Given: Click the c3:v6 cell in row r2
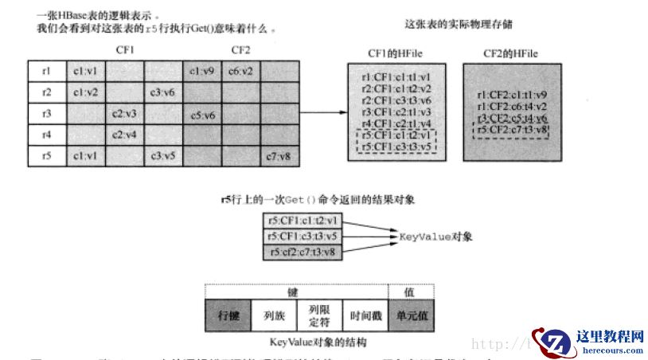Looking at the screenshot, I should [162, 92].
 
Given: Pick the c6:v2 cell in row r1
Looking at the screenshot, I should [240, 70].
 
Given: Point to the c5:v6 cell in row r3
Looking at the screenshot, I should [202, 114].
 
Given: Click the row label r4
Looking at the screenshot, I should [47, 135].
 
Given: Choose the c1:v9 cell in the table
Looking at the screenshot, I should [202, 70].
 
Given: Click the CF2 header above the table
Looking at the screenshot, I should [241, 49].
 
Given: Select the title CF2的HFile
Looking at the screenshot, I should [510, 53].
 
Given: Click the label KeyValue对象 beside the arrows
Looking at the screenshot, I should [435, 237].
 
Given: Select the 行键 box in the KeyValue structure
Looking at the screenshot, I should [228, 316].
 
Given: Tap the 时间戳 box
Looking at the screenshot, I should [365, 316].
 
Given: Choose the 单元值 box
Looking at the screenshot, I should [412, 316].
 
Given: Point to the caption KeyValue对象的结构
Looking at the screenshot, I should [318, 341].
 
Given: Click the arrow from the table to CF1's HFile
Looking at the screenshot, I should [322, 113].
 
